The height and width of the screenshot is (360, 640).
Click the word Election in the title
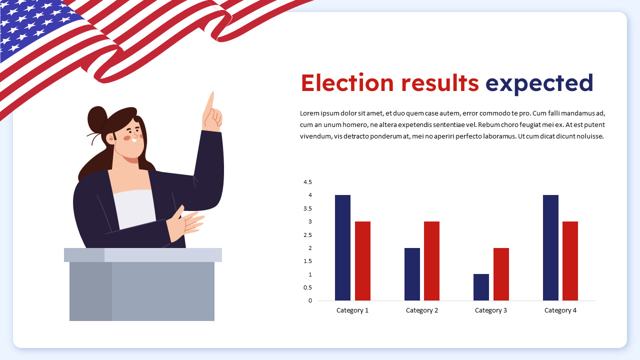tap(347, 83)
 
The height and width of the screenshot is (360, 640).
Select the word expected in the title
tap(539, 84)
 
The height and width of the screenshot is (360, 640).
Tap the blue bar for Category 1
tap(342, 248)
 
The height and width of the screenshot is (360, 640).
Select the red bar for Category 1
tap(362, 261)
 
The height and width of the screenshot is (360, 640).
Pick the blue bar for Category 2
tap(412, 274)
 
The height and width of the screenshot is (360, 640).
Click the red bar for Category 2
tap(431, 261)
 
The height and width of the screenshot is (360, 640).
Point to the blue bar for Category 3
tap(481, 287)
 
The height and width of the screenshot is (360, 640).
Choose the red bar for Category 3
tap(501, 274)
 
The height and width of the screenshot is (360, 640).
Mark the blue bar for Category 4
tap(550, 248)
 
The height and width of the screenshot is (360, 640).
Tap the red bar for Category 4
tap(570, 261)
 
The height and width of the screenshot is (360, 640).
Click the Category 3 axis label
tap(490, 310)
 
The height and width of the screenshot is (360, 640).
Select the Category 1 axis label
tap(352, 310)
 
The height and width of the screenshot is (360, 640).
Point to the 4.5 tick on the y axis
tap(307, 182)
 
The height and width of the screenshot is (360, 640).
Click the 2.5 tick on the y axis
tap(307, 235)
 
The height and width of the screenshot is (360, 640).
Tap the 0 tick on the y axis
tap(310, 300)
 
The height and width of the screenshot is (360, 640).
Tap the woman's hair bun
tap(97, 119)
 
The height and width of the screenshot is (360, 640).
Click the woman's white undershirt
tap(134, 207)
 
